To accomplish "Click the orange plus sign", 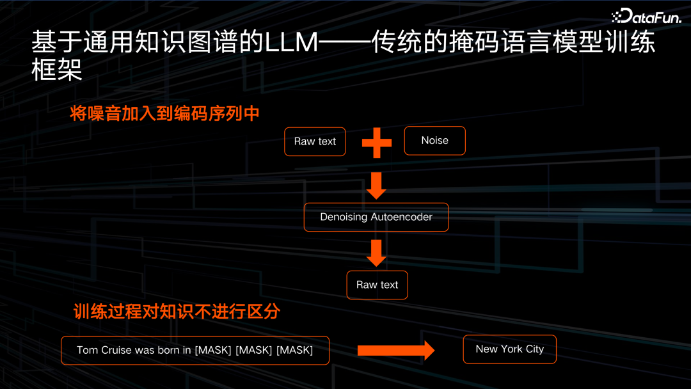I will pos(376,142).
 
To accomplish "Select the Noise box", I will pos(434,141).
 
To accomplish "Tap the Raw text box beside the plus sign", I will pos(315,141).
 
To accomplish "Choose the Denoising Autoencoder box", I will pos(376,217).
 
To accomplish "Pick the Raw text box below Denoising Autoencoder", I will pos(377,285).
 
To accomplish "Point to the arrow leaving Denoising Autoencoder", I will pos(376,252).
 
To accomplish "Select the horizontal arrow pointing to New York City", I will pos(395,350).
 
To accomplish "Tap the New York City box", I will pos(509,349).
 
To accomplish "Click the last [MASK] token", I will pos(294,350).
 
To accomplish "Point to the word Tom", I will pos(87,350).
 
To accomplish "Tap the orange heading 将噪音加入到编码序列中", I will pos(165,114).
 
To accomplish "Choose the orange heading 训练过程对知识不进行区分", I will pos(177,312).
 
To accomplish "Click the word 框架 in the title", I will pos(57,70).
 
